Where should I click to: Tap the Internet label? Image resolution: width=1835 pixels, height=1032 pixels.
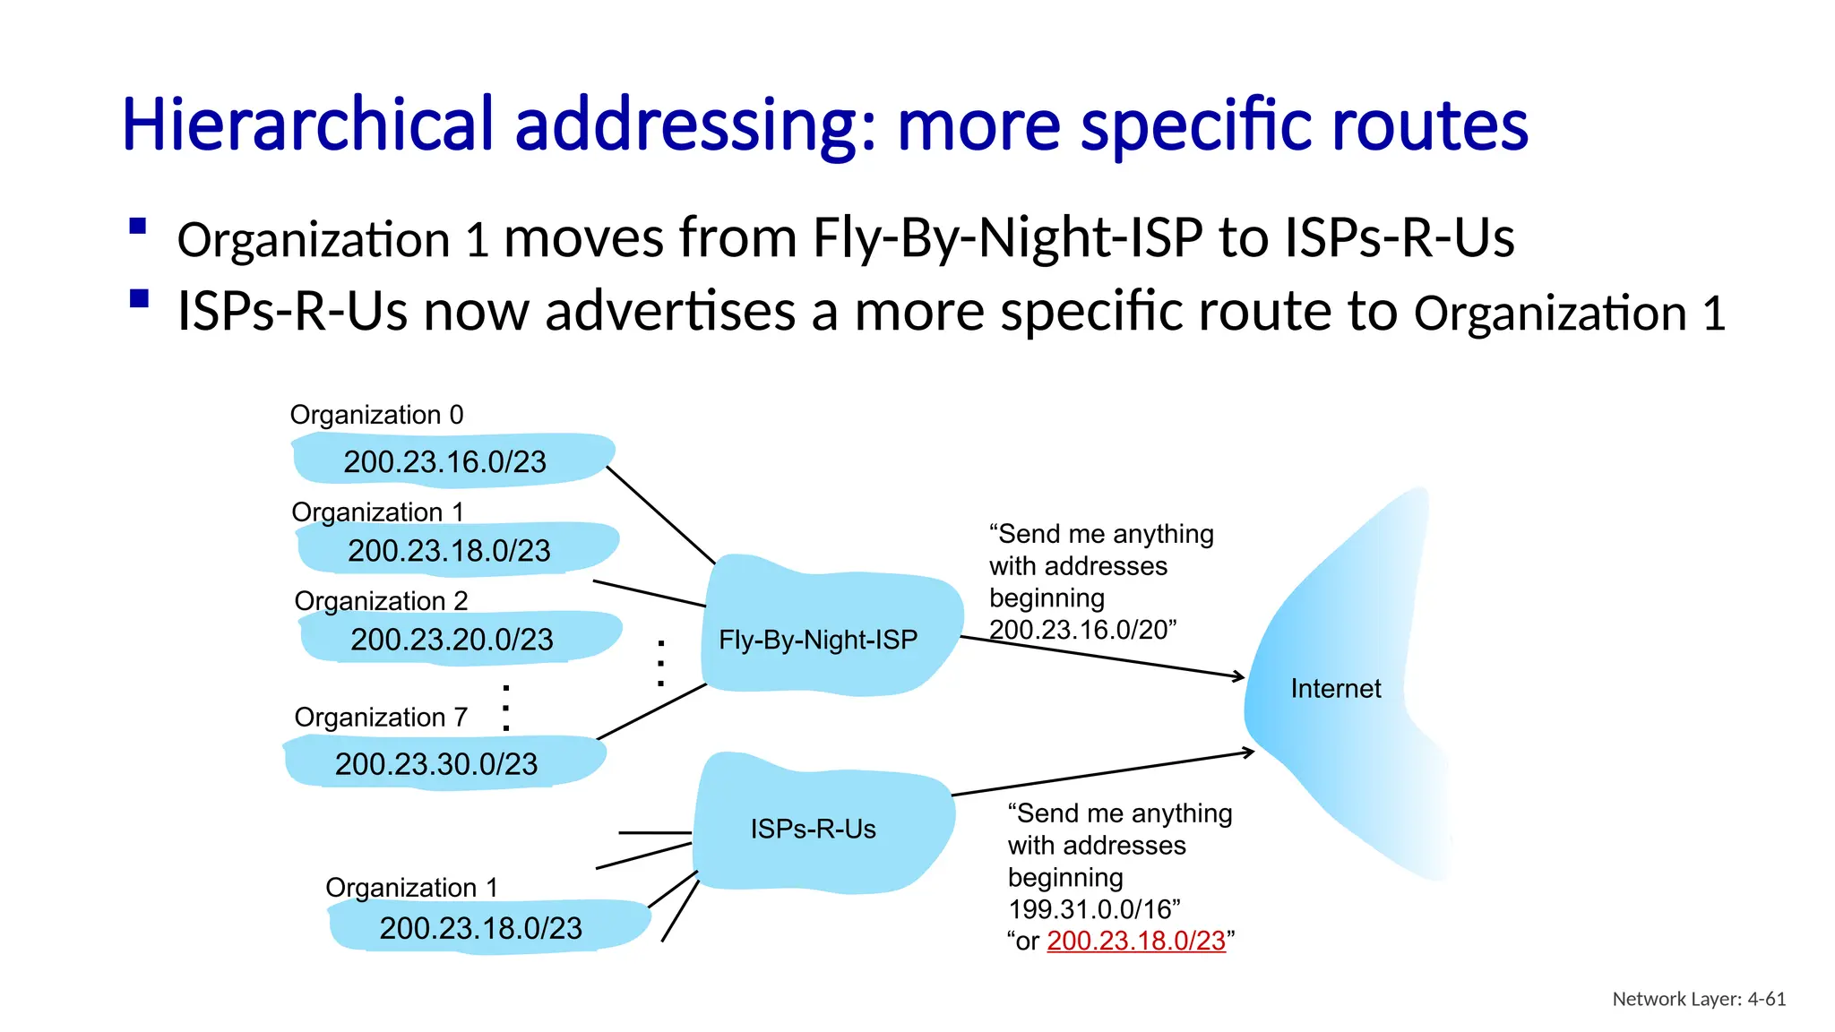(x=1335, y=688)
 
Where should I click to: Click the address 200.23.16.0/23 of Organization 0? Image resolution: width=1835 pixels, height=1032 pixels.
(x=444, y=461)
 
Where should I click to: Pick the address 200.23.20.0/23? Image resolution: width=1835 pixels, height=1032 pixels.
(x=452, y=639)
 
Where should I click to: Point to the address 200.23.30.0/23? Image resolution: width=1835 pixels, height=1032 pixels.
(x=436, y=763)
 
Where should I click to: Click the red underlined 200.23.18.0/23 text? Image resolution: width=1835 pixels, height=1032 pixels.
(x=1135, y=941)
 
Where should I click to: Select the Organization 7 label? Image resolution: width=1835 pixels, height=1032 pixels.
(x=381, y=717)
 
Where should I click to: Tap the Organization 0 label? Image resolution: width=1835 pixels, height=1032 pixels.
(x=376, y=415)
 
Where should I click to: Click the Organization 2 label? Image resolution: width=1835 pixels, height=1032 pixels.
(x=381, y=600)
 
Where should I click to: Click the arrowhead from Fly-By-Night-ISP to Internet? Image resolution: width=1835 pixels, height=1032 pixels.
(x=1239, y=676)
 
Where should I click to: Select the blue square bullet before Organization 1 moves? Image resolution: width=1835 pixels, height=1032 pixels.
(x=138, y=226)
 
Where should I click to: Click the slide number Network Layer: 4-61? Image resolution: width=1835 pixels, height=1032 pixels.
(x=1699, y=999)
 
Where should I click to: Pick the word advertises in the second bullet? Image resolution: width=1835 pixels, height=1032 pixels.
(x=670, y=311)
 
